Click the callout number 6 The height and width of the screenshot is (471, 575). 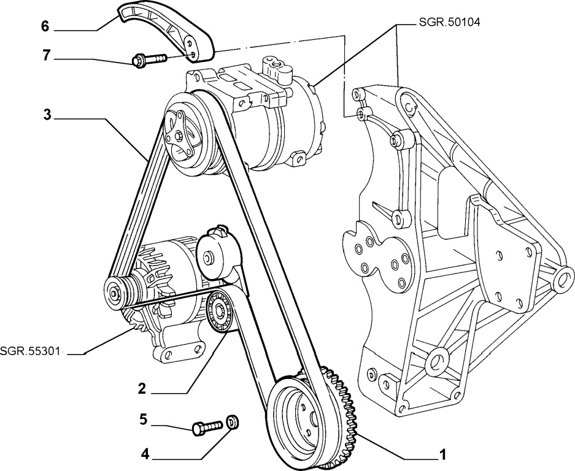pyautogui.click(x=45, y=27)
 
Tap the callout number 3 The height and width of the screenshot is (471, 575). pyautogui.click(x=46, y=115)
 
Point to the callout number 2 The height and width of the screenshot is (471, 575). pyautogui.click(x=142, y=388)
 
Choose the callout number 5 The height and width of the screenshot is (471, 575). pyautogui.click(x=143, y=420)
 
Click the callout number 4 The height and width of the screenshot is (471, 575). pyautogui.click(x=145, y=454)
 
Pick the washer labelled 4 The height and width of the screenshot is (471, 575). pyautogui.click(x=233, y=422)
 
